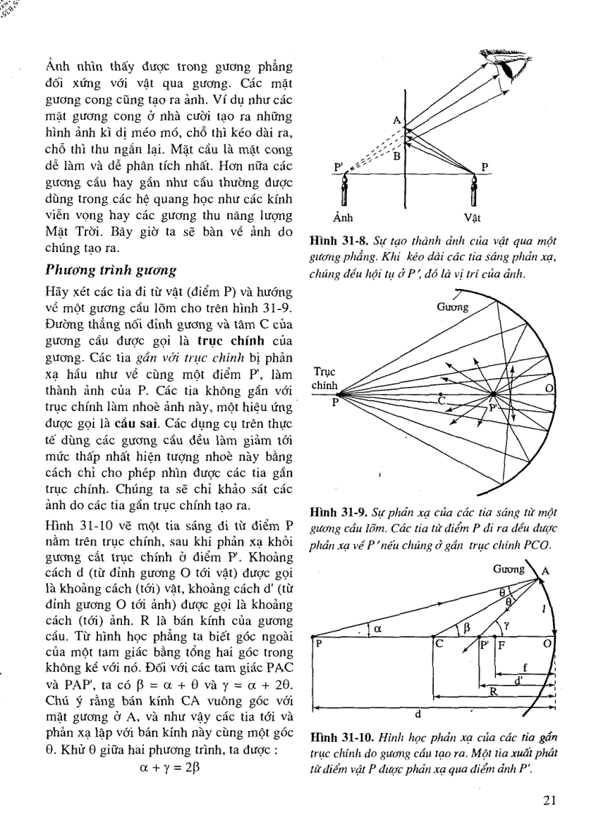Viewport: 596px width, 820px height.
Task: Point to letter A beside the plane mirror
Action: (x=395, y=120)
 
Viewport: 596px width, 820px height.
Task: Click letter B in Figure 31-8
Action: (x=397, y=155)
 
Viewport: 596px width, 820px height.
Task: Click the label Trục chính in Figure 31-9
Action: (x=324, y=378)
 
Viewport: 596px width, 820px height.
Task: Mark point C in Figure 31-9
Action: (x=440, y=400)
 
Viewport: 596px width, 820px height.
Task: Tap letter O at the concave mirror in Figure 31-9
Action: (x=549, y=389)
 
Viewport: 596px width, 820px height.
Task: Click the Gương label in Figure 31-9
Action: (x=453, y=307)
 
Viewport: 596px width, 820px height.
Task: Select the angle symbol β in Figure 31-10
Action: (x=467, y=627)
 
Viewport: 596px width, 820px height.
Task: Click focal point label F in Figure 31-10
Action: (x=500, y=645)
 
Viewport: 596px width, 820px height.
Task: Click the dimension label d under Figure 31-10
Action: (x=419, y=714)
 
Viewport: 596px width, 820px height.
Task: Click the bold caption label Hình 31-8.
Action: (x=335, y=240)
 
